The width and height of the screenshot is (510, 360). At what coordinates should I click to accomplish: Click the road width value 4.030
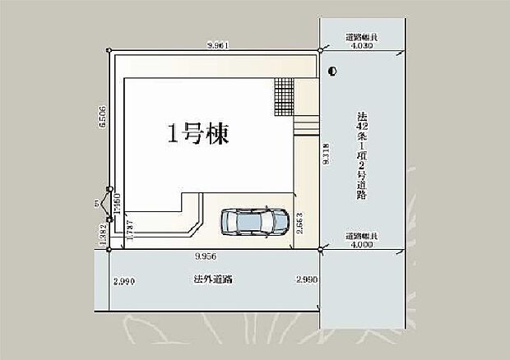tap(361, 47)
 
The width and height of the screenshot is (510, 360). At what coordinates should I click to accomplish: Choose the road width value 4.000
tap(361, 243)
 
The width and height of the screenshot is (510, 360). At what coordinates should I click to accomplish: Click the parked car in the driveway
tap(250, 220)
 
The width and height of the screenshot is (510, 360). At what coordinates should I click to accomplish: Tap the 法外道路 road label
tap(213, 279)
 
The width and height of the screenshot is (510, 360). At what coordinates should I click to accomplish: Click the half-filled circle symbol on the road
tap(331, 72)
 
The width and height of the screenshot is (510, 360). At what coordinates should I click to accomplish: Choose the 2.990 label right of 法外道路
tap(306, 280)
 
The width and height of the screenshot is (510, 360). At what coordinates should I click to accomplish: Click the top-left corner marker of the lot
tap(109, 51)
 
